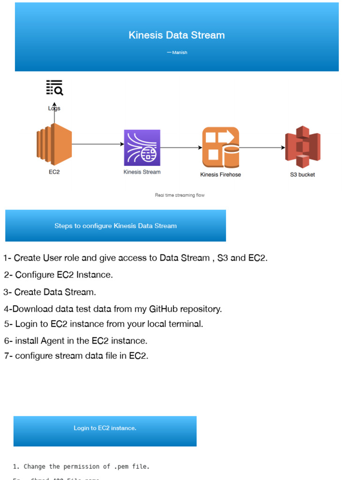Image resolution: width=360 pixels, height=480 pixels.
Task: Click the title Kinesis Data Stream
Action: coord(177,35)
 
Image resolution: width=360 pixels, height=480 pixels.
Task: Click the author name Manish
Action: coord(180,52)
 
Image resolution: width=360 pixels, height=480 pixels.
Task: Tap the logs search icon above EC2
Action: coord(54,88)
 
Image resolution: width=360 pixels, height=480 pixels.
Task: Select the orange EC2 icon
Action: coord(54,144)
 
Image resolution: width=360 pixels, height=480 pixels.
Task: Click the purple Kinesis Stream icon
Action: coord(142,148)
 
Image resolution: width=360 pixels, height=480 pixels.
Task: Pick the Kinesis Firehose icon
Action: coord(220,148)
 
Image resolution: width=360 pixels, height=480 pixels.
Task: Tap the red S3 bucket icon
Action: coord(302,147)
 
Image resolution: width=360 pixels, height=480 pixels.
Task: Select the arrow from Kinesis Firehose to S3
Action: coord(262,148)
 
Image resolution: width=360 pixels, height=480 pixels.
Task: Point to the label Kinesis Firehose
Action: coord(220,175)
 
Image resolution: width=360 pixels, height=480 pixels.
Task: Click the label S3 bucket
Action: coord(302,175)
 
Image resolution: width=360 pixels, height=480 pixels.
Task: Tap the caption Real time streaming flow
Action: coord(180,195)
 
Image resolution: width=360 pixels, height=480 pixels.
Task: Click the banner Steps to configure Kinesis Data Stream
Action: coord(115,226)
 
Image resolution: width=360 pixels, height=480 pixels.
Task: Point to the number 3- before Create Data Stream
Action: coord(7,292)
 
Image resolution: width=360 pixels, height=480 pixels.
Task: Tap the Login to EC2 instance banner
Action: coord(105,428)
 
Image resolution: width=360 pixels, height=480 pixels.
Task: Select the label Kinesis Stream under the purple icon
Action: coord(142,172)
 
